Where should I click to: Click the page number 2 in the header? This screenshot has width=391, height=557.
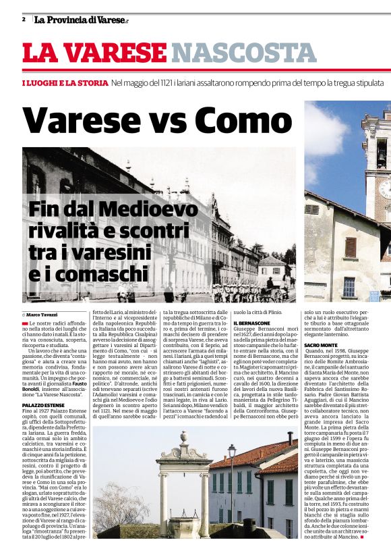coord(24,20)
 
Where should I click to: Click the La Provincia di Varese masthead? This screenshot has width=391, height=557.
coord(80,20)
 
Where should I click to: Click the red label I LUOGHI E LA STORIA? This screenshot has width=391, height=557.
coord(65,82)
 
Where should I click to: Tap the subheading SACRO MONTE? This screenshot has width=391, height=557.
coord(321,345)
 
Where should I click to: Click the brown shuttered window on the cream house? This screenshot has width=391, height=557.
coord(351,246)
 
